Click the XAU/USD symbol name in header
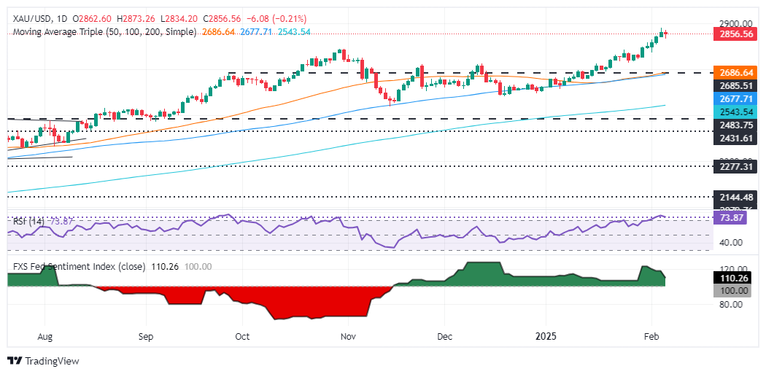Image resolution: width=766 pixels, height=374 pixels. pos(27,18)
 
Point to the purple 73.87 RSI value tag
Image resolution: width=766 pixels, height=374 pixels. pos(730,218)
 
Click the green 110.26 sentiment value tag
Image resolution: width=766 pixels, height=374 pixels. pos(730,278)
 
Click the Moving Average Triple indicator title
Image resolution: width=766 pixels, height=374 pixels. pos(102,32)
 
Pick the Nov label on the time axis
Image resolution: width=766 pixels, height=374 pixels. pos(348,338)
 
